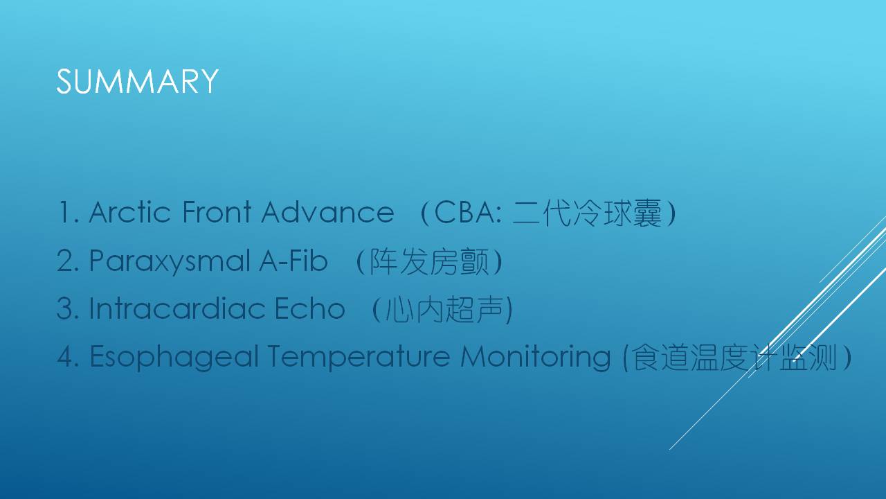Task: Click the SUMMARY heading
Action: click(x=137, y=81)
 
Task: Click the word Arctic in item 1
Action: click(x=129, y=212)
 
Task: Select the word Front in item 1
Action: click(x=217, y=212)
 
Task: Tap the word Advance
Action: click(x=327, y=212)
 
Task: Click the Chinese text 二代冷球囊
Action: click(x=587, y=213)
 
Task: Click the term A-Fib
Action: click(x=293, y=261)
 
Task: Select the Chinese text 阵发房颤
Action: click(x=429, y=261)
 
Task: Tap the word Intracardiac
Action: click(x=177, y=308)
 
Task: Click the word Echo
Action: click(x=309, y=308)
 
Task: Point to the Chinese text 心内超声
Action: click(x=444, y=309)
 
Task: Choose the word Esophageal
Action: click(x=174, y=357)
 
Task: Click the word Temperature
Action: click(x=359, y=357)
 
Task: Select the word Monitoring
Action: click(x=536, y=357)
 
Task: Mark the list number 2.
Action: click(x=68, y=261)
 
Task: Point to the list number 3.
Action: click(x=68, y=308)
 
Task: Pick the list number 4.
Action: click(x=68, y=356)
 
